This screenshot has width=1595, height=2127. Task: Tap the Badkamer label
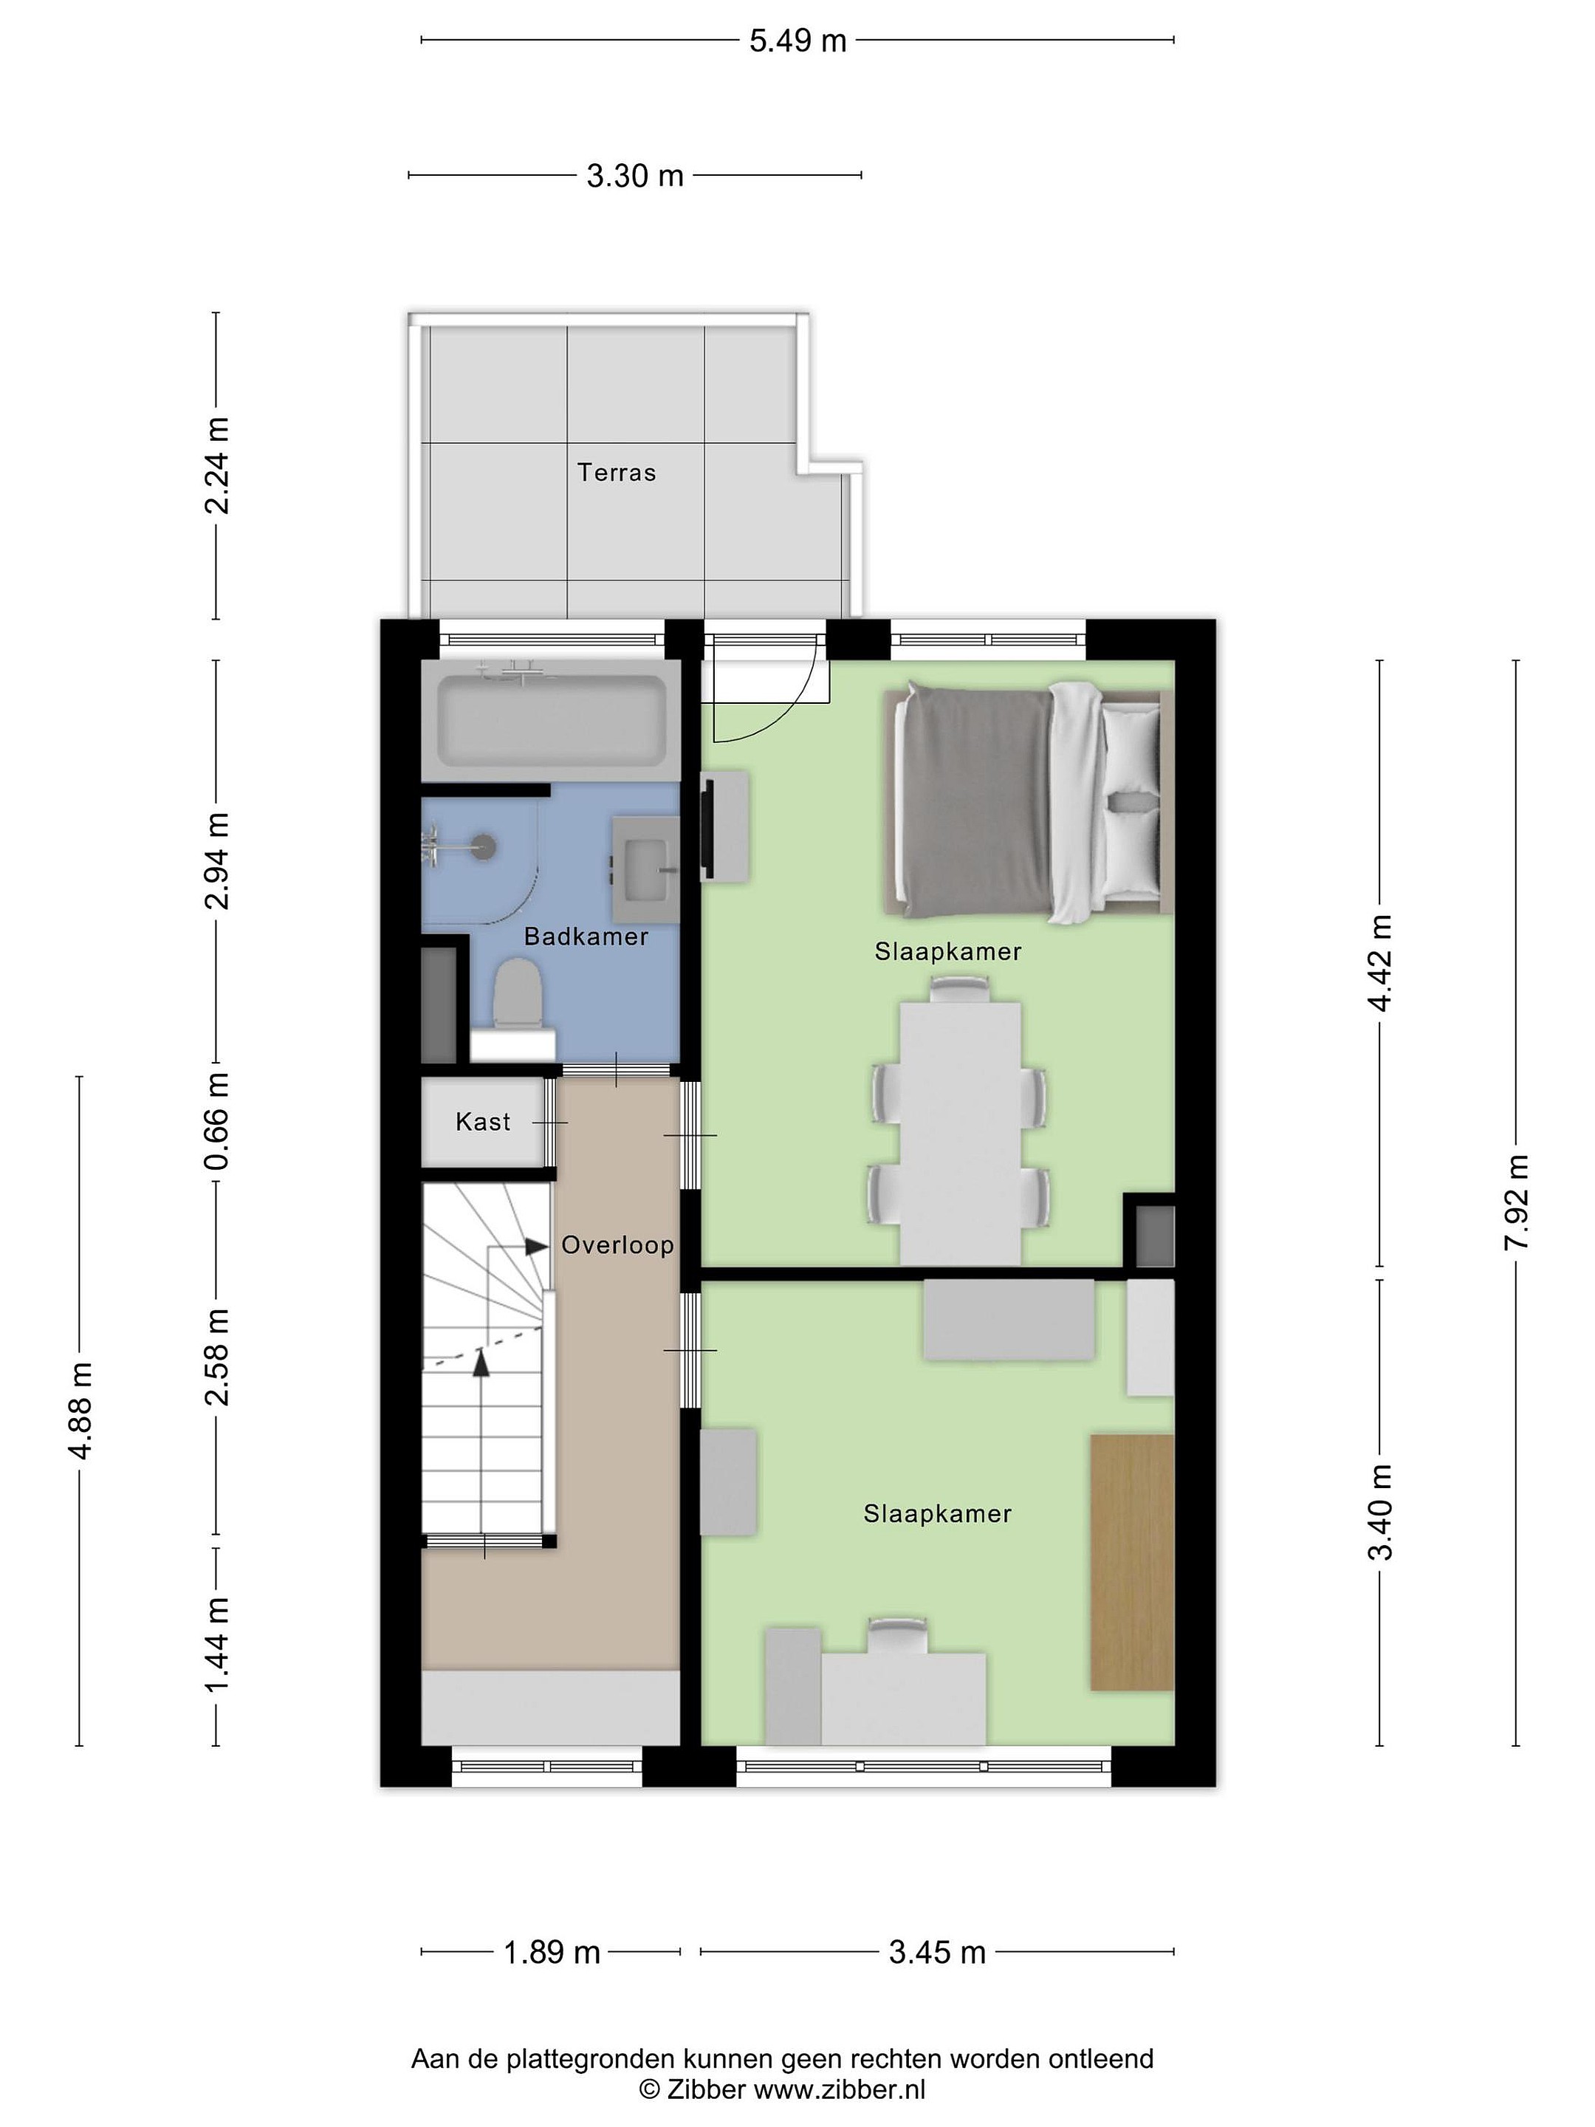pyautogui.click(x=586, y=936)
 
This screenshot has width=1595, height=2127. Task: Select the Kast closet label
pyautogui.click(x=483, y=1121)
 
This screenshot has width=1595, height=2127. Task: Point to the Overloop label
pyautogui.click(x=617, y=1245)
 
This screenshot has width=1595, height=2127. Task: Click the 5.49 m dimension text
pyautogui.click(x=798, y=41)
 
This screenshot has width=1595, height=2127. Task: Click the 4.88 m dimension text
pyautogui.click(x=80, y=1411)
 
